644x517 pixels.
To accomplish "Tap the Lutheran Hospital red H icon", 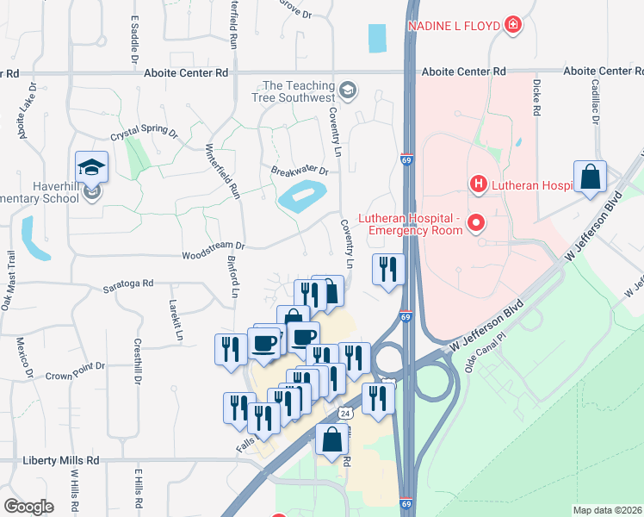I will (478, 184).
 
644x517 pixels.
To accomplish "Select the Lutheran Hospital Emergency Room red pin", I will (475, 225).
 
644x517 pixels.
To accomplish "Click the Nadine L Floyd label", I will (454, 25).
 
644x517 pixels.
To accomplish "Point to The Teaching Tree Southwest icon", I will (348, 90).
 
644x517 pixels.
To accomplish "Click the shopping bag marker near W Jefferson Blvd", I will (590, 178).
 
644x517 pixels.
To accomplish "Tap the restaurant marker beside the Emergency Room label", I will (387, 269).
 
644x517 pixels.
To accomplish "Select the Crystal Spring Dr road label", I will (144, 135).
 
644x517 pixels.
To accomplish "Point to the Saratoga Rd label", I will (128, 283).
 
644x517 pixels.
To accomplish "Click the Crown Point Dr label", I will (75, 376).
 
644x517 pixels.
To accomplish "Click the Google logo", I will (28, 507).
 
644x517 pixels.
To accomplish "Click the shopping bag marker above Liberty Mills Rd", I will (331, 440).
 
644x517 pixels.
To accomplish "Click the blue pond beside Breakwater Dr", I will (302, 197).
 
